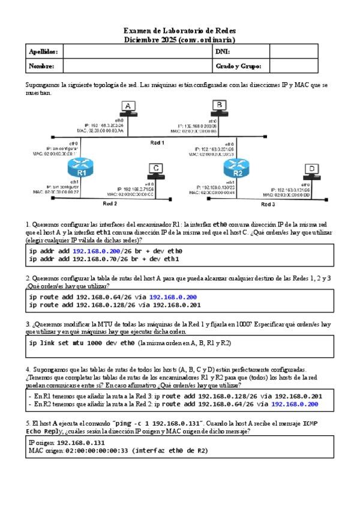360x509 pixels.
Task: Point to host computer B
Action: click(220, 108)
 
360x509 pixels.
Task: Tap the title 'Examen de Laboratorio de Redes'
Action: click(179, 30)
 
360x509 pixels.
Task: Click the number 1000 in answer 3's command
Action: click(88, 343)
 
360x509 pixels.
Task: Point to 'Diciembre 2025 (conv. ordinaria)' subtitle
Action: click(179, 38)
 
